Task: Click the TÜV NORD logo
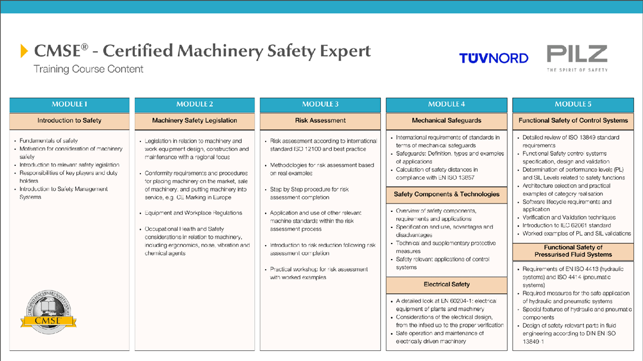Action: click(493, 58)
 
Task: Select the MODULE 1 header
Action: click(69, 104)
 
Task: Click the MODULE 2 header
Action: click(195, 104)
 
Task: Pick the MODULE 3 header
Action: click(320, 104)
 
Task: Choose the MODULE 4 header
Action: click(447, 104)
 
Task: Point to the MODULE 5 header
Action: click(573, 104)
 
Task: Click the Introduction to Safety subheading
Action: click(69, 121)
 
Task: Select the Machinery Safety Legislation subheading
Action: click(195, 121)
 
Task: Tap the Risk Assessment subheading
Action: click(320, 121)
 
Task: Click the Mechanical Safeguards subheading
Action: click(447, 121)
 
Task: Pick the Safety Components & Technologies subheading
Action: click(447, 194)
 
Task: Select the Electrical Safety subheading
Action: click(447, 284)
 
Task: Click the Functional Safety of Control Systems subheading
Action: click(573, 121)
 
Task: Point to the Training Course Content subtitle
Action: click(88, 69)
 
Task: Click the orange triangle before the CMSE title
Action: click(24, 51)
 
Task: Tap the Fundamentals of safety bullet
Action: click(48, 141)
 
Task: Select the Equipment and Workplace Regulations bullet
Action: click(193, 213)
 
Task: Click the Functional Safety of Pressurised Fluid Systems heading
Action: click(573, 251)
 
